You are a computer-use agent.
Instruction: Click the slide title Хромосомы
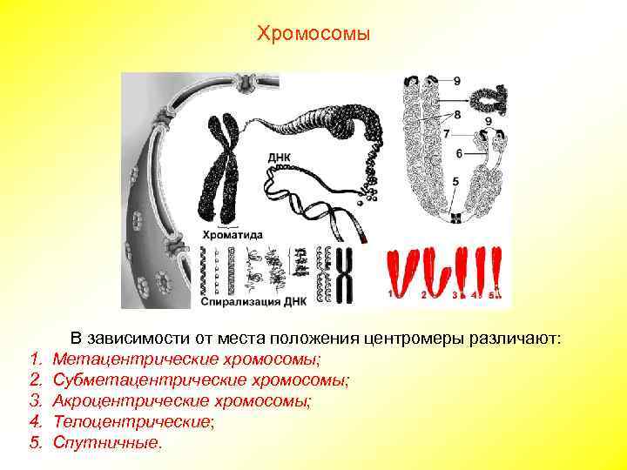[313, 34]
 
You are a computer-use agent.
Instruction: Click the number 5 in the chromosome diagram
[455, 180]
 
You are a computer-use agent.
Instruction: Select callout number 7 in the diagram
[446, 134]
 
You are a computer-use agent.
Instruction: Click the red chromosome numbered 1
[400, 270]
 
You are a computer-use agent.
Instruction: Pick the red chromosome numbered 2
[433, 270]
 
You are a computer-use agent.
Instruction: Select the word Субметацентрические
[127, 379]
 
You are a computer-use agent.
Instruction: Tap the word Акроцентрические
[114, 400]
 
